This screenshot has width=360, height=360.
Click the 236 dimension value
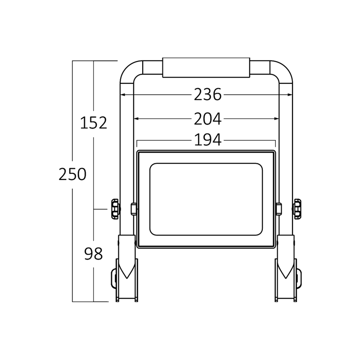point(207,94)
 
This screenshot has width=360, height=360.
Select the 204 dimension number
point(207,119)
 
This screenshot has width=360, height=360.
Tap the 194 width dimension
point(207,140)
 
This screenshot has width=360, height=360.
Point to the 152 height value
point(94,122)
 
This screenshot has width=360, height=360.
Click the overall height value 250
point(72,174)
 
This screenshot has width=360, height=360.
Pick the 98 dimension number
point(93,254)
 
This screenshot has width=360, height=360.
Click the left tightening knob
point(116,209)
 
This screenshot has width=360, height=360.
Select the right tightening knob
point(297,209)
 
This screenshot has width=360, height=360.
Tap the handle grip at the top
point(206,67)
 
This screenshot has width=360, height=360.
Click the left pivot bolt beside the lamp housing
point(134,209)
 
